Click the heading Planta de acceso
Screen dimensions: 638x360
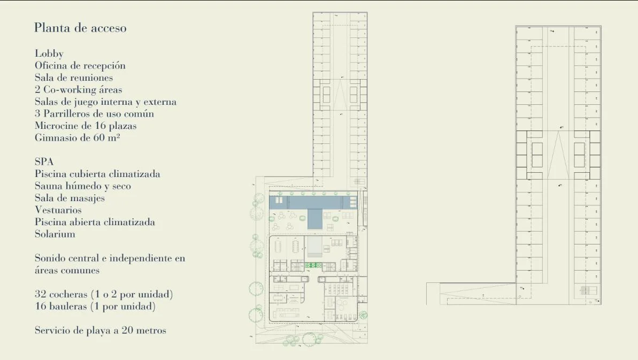pos(80,28)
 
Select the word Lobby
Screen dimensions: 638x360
pos(49,53)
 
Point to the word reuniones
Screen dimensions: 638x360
pos(93,78)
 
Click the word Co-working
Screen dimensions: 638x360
pos(69,90)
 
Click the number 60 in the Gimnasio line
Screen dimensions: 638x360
pos(99,137)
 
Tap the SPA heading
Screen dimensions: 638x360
pos(44,162)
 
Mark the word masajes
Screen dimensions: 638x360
pos(89,198)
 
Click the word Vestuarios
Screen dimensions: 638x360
pos(58,210)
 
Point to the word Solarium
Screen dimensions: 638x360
pos(55,234)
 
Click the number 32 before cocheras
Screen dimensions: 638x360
pos(40,294)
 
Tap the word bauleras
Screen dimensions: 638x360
pos(68,307)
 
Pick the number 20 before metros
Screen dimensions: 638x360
pos(127,330)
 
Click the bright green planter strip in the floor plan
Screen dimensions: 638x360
pos(314,265)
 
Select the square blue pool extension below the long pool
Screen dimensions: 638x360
pos(314,219)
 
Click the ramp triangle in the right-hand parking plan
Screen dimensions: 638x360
pos(558,155)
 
